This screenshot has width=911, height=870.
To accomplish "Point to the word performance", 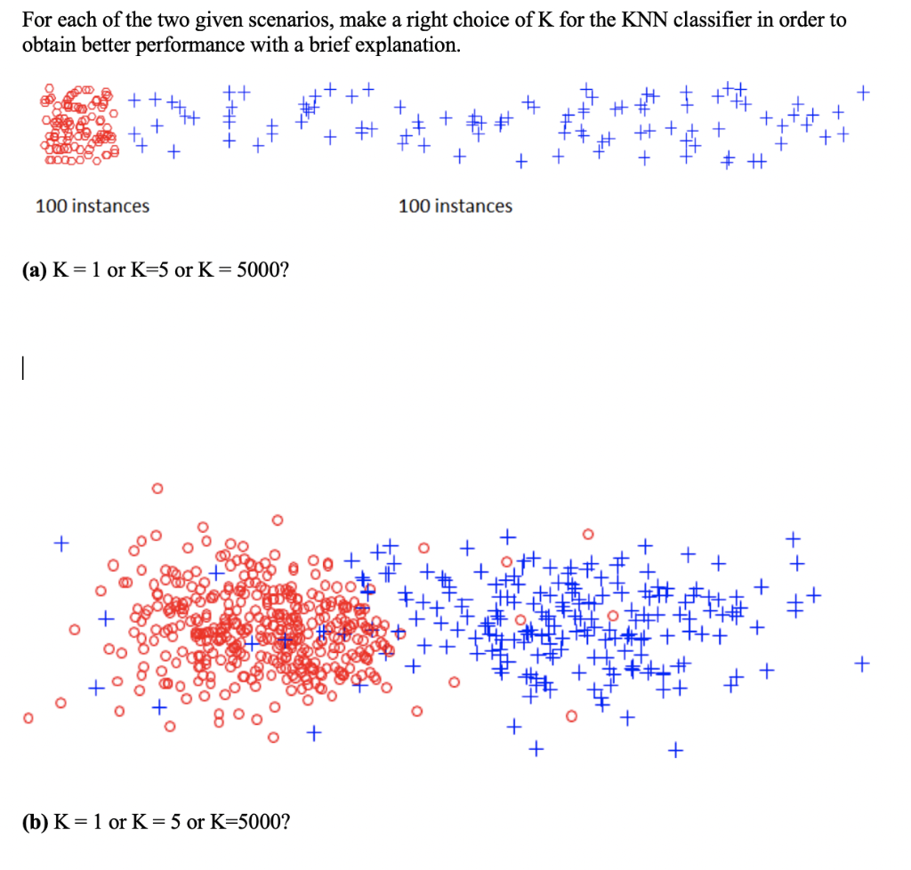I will click(x=181, y=45).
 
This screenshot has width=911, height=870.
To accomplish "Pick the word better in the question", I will click(x=104, y=45).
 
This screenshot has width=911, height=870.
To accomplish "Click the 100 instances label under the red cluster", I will click(x=93, y=206).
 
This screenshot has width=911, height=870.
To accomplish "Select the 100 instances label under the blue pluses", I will click(x=455, y=206).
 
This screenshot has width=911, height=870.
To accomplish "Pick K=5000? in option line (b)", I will click(x=248, y=821).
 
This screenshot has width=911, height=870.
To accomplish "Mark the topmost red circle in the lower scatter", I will click(x=157, y=487).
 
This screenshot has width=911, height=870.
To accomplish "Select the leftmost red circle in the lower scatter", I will click(x=28, y=717).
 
